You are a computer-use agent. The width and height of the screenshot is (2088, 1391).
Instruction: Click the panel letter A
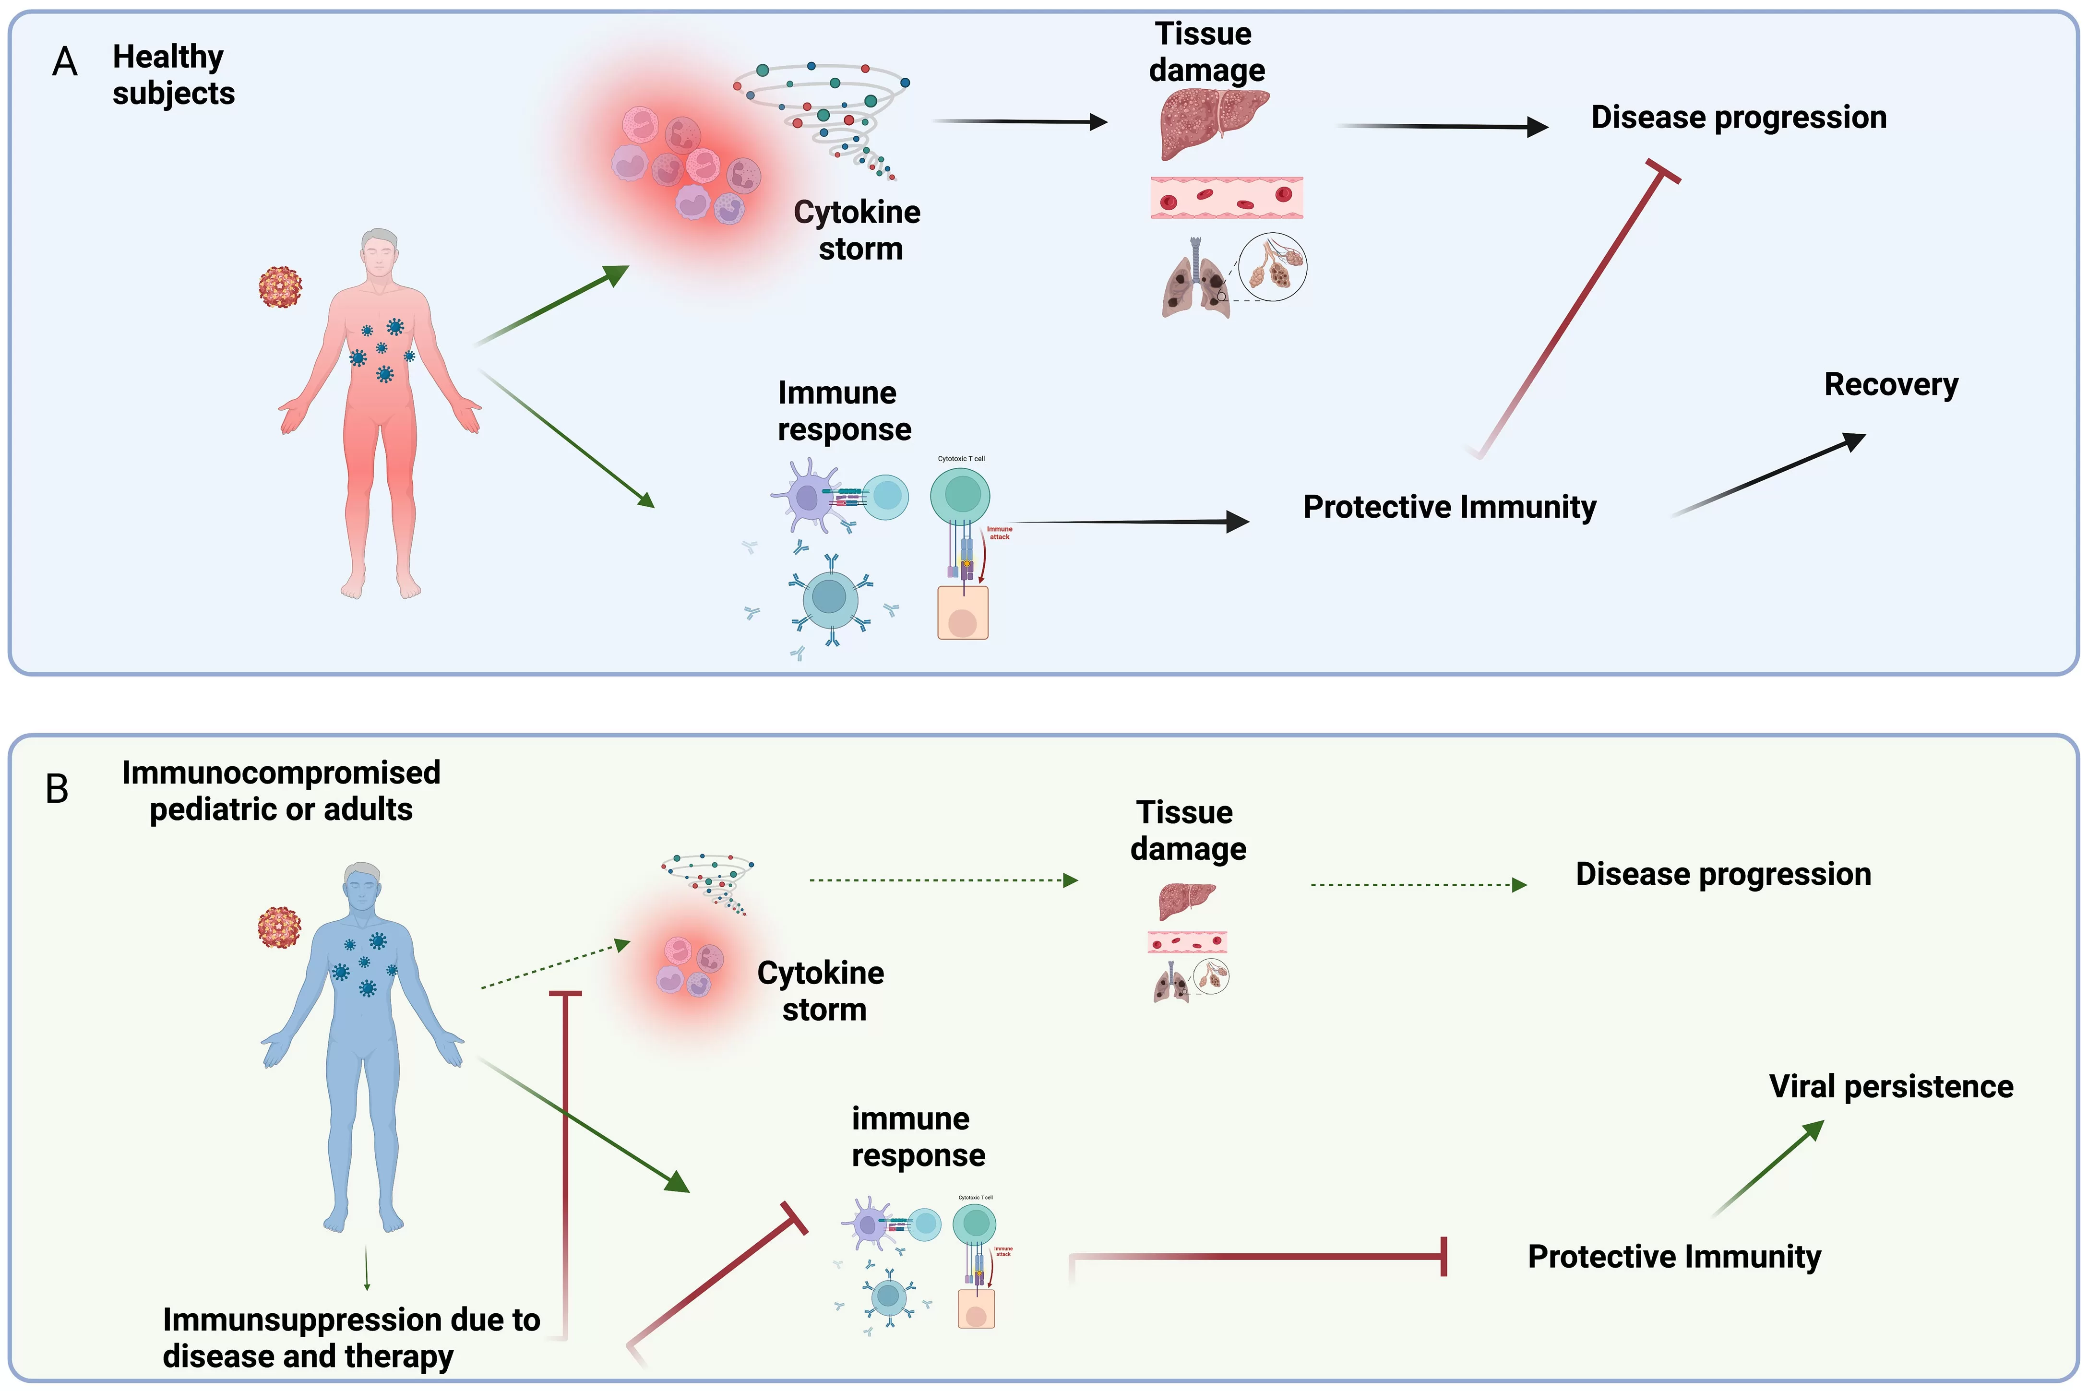coord(65,62)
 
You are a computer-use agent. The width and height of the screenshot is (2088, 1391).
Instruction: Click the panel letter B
coord(57,789)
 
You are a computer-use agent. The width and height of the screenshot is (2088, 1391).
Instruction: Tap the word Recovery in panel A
coord(1890,384)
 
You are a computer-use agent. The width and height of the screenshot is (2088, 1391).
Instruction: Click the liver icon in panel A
coord(1214,122)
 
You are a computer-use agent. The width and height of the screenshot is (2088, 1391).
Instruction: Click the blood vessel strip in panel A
coord(1226,197)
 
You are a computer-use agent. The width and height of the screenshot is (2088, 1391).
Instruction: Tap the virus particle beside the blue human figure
coord(278,928)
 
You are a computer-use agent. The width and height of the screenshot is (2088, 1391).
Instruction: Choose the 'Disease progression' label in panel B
coord(1722,874)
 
